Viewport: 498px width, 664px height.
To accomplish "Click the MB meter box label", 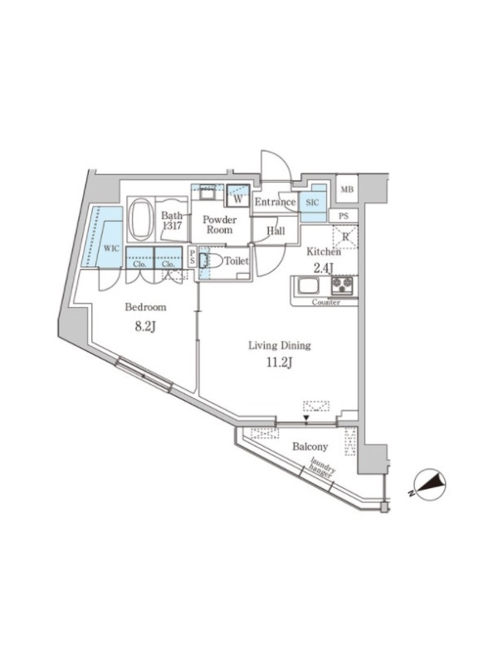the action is (347, 190).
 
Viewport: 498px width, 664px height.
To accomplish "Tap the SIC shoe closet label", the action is (312, 203).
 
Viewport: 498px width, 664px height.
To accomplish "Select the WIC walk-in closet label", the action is (111, 248).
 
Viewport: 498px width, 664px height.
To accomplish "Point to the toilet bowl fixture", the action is (211, 261).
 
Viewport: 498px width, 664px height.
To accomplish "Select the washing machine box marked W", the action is (237, 196).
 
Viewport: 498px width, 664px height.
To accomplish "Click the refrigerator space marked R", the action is (345, 237).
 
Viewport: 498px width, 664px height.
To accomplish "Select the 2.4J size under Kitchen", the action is (324, 267).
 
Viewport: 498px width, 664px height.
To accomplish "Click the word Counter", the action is (325, 302).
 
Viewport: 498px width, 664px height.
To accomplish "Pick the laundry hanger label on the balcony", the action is (322, 468).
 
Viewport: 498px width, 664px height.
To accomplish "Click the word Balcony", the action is (310, 447).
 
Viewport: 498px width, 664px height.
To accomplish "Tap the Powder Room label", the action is (219, 225).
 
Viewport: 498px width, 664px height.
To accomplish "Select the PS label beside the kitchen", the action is (344, 216).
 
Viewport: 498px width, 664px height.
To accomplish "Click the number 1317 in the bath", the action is (171, 226).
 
